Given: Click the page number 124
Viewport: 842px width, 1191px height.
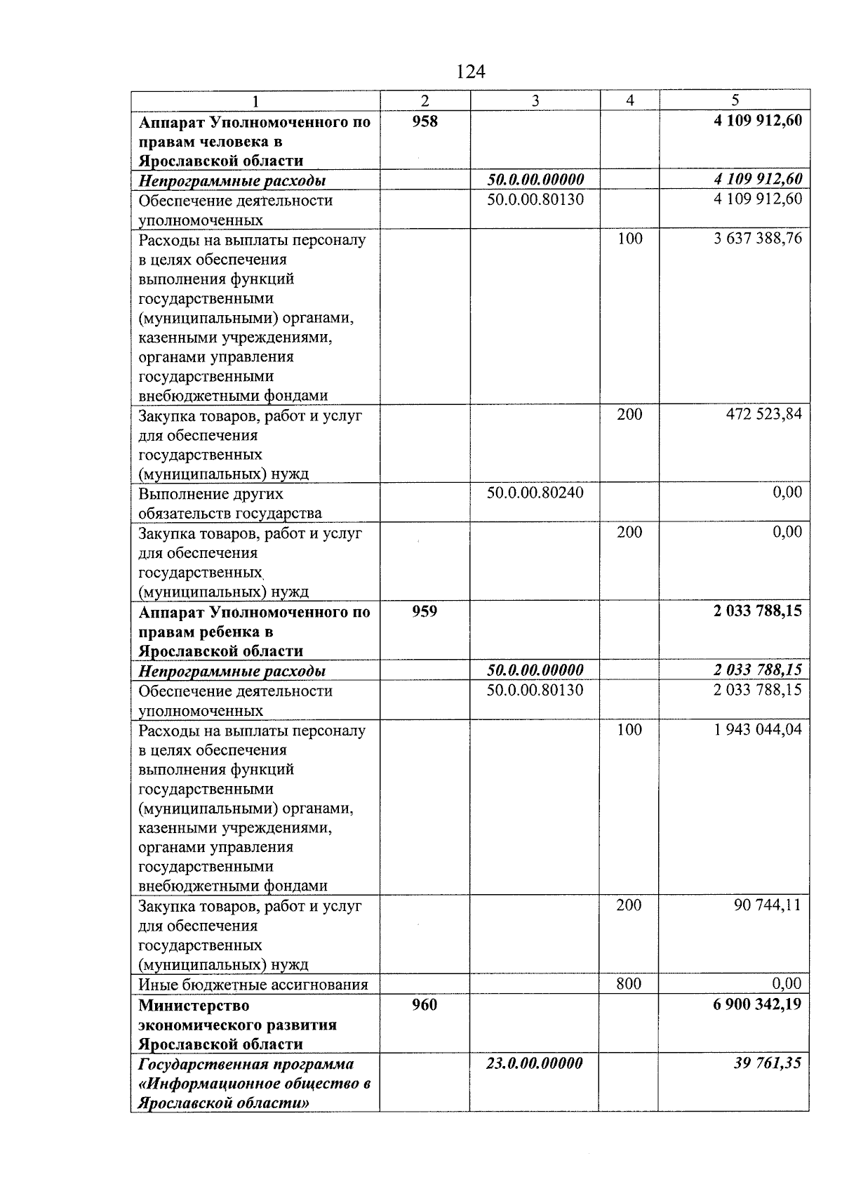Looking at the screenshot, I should (470, 72).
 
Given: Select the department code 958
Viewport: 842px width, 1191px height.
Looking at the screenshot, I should (425, 121).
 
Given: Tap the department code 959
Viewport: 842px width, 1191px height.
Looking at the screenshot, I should (425, 611).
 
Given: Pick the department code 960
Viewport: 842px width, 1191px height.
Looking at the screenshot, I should (425, 1004).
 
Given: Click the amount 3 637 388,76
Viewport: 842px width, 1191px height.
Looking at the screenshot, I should (758, 239).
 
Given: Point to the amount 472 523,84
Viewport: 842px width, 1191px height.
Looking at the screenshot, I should (763, 414).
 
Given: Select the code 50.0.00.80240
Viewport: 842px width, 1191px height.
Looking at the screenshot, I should (535, 493).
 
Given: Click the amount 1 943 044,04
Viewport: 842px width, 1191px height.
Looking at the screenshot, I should (758, 729).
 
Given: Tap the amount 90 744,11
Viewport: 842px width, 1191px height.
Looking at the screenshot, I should (767, 905).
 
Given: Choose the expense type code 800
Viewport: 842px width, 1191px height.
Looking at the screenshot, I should (629, 983).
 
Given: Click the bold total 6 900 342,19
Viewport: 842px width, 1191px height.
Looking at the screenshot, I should (757, 1004).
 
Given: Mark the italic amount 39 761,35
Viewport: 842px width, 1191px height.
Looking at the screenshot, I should (767, 1063).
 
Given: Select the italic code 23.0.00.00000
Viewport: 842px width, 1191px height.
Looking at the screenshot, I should (535, 1063).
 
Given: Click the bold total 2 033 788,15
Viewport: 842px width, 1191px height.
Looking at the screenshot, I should (757, 611).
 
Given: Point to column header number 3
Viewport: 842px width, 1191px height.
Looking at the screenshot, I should (535, 100).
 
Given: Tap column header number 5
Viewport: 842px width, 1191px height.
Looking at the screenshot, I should (735, 100).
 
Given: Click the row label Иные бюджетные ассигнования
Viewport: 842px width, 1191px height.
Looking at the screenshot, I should (253, 984).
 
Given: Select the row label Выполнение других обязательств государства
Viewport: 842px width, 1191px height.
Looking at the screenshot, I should (230, 503).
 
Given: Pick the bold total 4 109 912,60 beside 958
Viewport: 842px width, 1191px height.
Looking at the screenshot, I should (757, 121).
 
